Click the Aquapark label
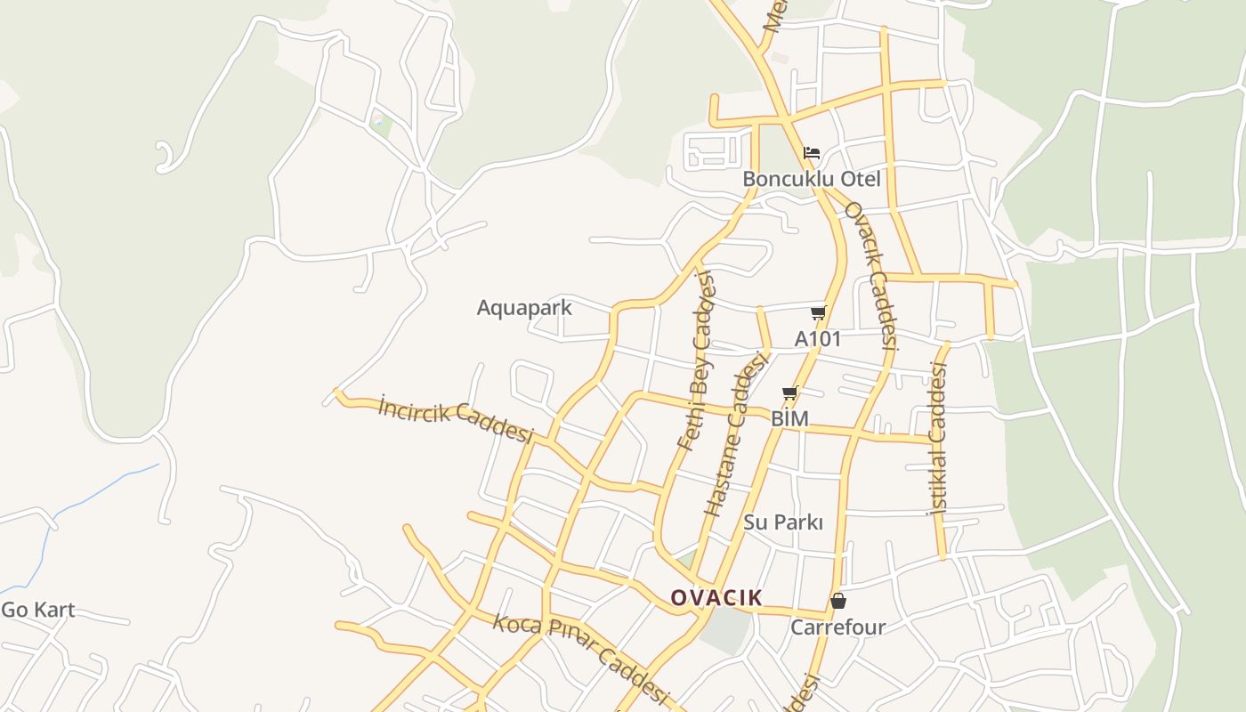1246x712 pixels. click(524, 308)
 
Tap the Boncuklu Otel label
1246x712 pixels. click(811, 179)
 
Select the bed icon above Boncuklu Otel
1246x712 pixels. click(811, 153)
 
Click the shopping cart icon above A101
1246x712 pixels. click(818, 313)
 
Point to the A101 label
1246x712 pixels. click(817, 339)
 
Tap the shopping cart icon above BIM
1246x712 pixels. click(789, 392)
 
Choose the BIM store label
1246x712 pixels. click(789, 418)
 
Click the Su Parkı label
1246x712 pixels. click(783, 522)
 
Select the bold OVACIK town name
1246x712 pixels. click(716, 598)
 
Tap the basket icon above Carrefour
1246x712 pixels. click(837, 602)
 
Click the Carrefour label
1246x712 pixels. click(837, 627)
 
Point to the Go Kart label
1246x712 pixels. click(37, 611)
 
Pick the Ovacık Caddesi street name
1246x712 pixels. click(870, 275)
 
